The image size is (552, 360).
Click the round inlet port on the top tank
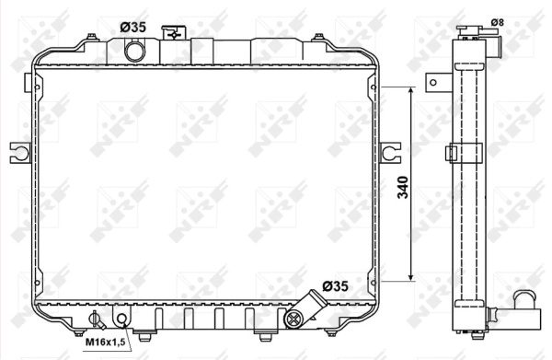135,52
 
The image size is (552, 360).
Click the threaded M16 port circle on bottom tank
122,319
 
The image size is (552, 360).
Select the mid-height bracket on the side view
453,153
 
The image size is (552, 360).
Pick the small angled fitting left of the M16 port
93,319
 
